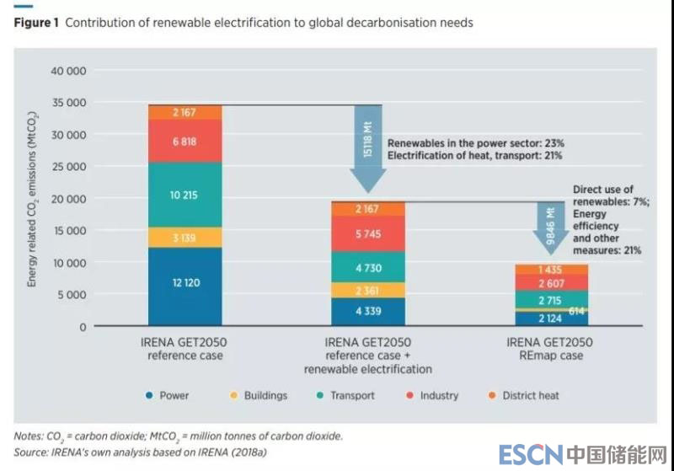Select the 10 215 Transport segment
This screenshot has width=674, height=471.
(x=185, y=195)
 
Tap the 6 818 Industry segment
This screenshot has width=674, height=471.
(x=185, y=142)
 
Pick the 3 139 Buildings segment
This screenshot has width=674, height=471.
(x=185, y=238)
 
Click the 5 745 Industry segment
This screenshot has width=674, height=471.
(x=368, y=234)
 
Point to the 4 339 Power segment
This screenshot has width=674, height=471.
(x=368, y=312)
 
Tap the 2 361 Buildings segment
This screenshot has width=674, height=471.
(x=368, y=290)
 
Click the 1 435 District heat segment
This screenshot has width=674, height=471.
(x=551, y=269)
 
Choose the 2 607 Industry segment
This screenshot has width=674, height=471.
(x=551, y=283)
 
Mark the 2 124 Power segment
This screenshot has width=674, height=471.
(x=551, y=318)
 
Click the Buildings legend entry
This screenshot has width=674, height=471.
(x=261, y=395)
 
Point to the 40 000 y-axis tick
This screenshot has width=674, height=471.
(x=70, y=71)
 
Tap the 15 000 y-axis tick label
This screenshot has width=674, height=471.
(x=70, y=231)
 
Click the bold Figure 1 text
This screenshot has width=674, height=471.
(x=36, y=23)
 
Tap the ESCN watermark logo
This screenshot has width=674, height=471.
(x=525, y=454)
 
